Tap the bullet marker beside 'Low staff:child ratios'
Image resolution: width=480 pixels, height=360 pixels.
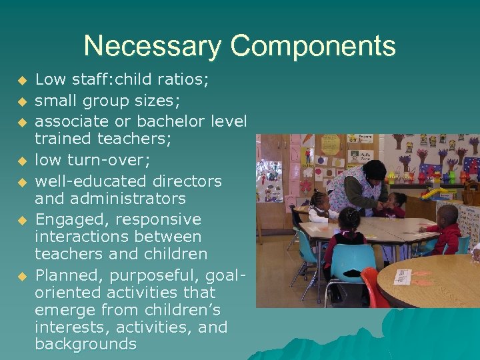(22, 81)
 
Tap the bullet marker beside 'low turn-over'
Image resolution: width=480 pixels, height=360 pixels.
(22, 161)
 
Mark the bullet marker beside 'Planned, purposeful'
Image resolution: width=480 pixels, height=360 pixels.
(22, 275)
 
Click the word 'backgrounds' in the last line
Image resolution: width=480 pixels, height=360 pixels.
(85, 344)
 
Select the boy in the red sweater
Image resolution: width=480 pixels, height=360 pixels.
(448, 230)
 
